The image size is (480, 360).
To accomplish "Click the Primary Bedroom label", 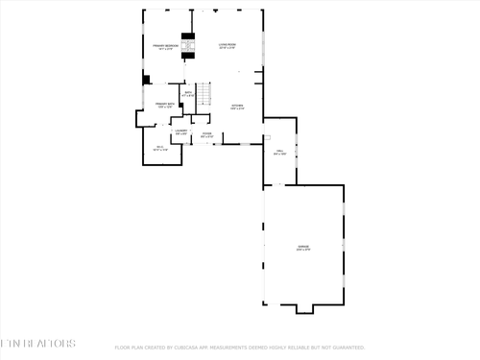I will click(x=160, y=47).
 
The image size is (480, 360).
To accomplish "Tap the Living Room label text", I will click(x=227, y=46).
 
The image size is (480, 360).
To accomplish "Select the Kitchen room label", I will click(x=237, y=107).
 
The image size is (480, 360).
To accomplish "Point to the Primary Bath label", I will click(x=164, y=105).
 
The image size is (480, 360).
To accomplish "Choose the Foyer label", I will click(x=207, y=134).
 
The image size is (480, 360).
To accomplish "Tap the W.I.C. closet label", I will click(x=160, y=148).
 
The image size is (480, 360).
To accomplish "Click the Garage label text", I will click(x=303, y=248).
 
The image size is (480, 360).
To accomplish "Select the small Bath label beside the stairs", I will click(x=188, y=94).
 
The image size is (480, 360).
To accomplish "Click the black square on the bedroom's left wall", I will click(x=146, y=81).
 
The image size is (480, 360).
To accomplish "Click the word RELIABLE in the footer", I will click(x=302, y=348).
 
